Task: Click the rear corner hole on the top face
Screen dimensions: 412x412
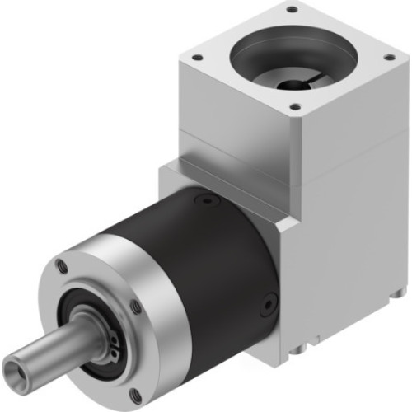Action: point(291,11)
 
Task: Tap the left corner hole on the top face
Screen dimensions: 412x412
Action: point(197,58)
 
